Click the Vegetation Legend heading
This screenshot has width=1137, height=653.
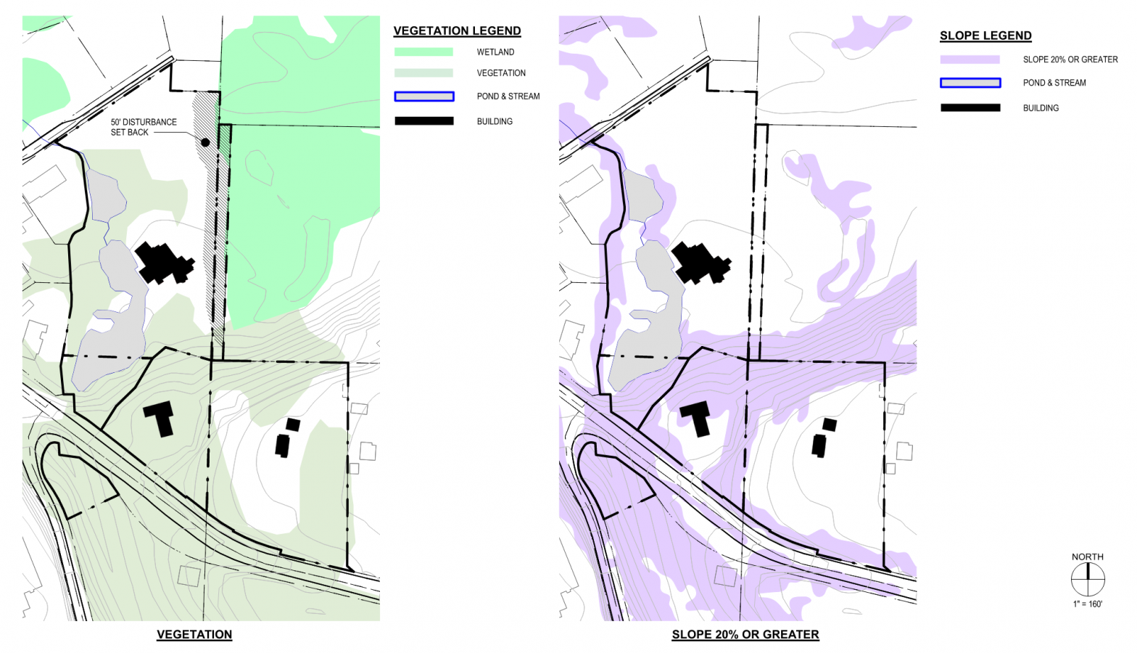tap(457, 31)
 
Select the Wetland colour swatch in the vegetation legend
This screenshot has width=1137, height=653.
tap(423, 52)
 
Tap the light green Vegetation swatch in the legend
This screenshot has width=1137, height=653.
tap(423, 73)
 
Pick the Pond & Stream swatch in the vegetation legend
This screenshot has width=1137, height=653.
tap(424, 96)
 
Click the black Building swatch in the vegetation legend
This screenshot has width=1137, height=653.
tap(424, 121)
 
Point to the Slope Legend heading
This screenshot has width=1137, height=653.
tap(985, 36)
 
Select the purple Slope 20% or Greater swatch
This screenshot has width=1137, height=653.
tap(969, 59)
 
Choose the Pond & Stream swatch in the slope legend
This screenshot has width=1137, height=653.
tap(970, 83)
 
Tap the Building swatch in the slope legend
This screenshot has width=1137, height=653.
tap(970, 108)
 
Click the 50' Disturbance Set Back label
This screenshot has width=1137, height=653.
tap(144, 127)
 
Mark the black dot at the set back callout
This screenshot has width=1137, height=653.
tap(205, 142)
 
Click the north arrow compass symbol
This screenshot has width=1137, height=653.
tap(1088, 580)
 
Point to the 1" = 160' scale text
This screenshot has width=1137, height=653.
tap(1088, 604)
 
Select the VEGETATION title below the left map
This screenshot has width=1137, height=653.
tap(194, 634)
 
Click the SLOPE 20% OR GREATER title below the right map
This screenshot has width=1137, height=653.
tap(745, 634)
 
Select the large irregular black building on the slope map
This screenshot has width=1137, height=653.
tap(700, 263)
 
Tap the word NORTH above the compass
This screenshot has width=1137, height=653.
tap(1088, 557)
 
